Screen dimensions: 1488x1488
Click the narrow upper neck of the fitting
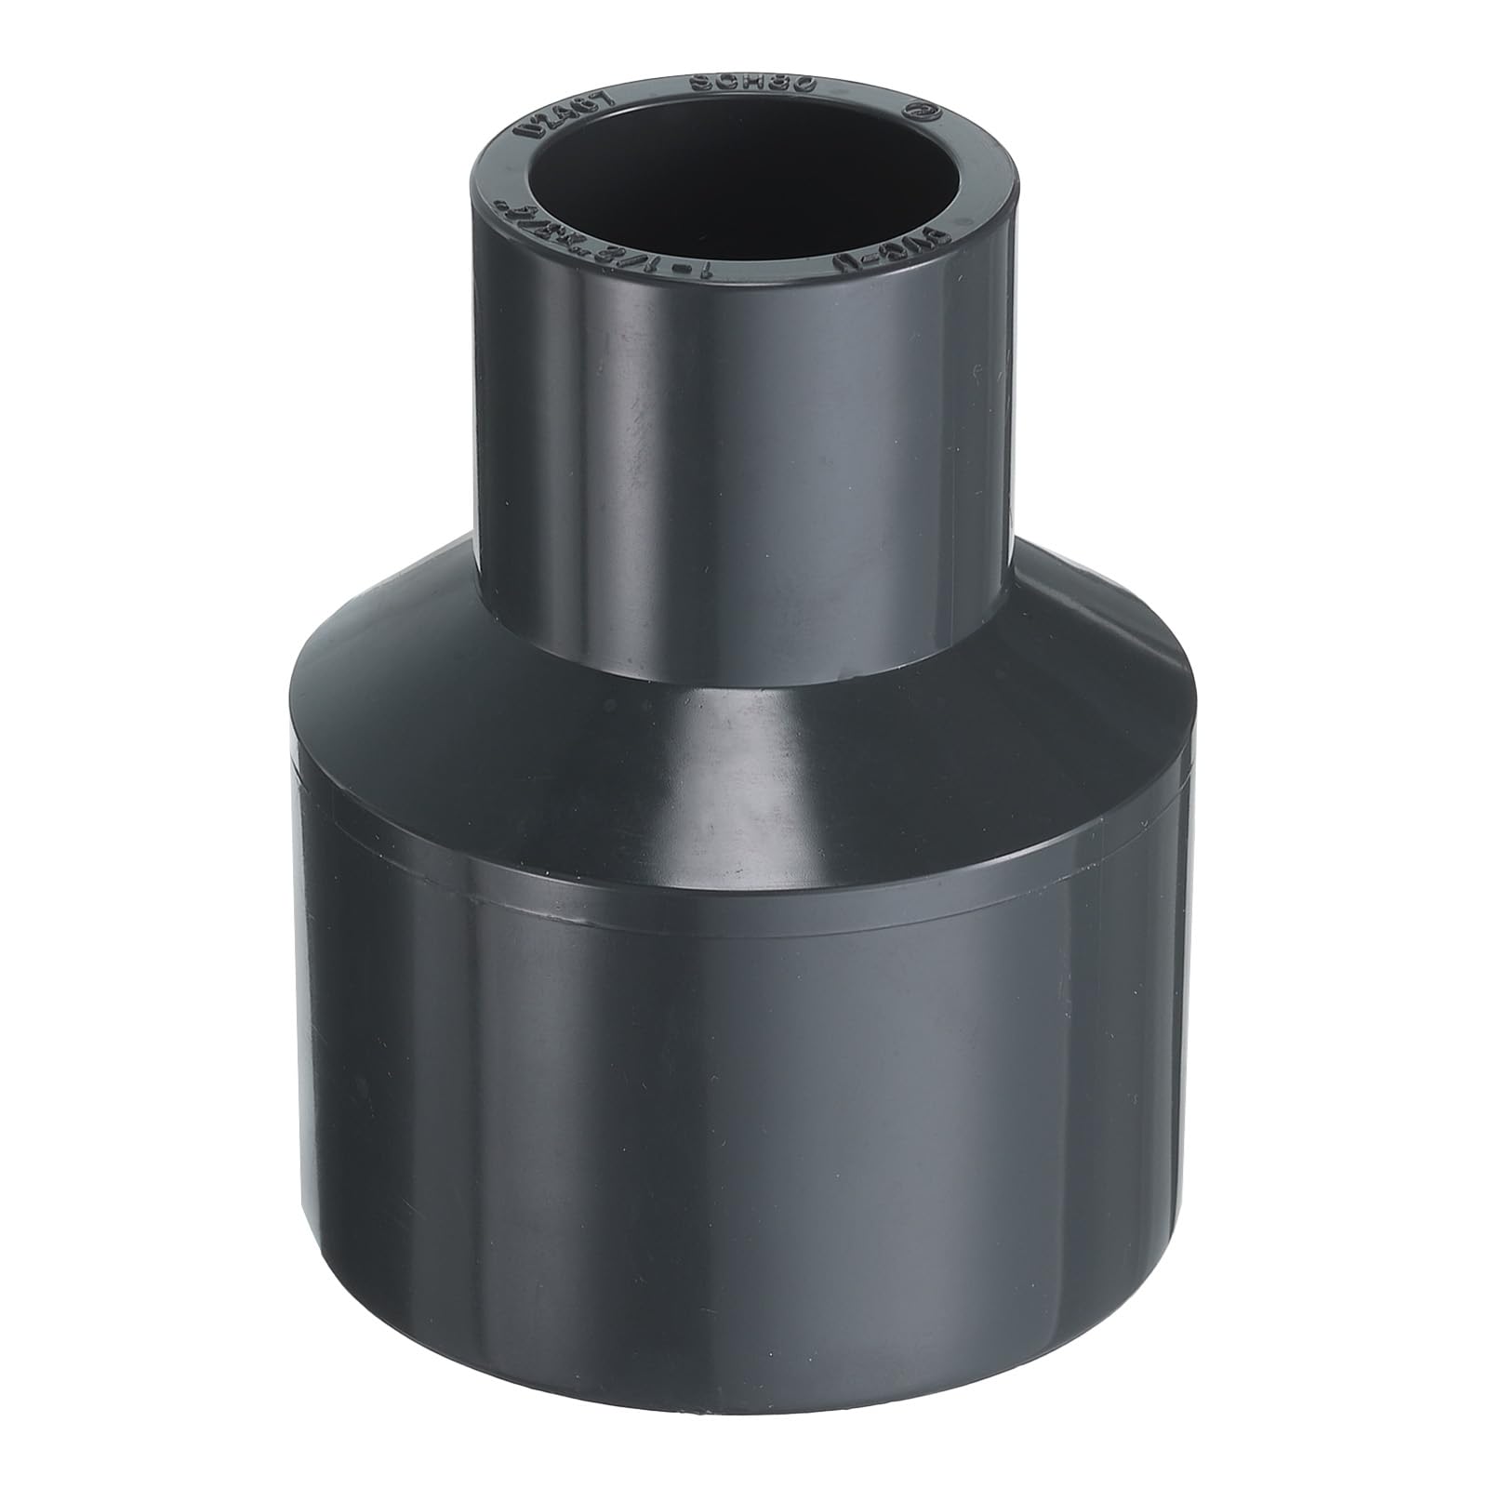point(744,446)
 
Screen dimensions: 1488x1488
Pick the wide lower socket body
point(744,1069)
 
